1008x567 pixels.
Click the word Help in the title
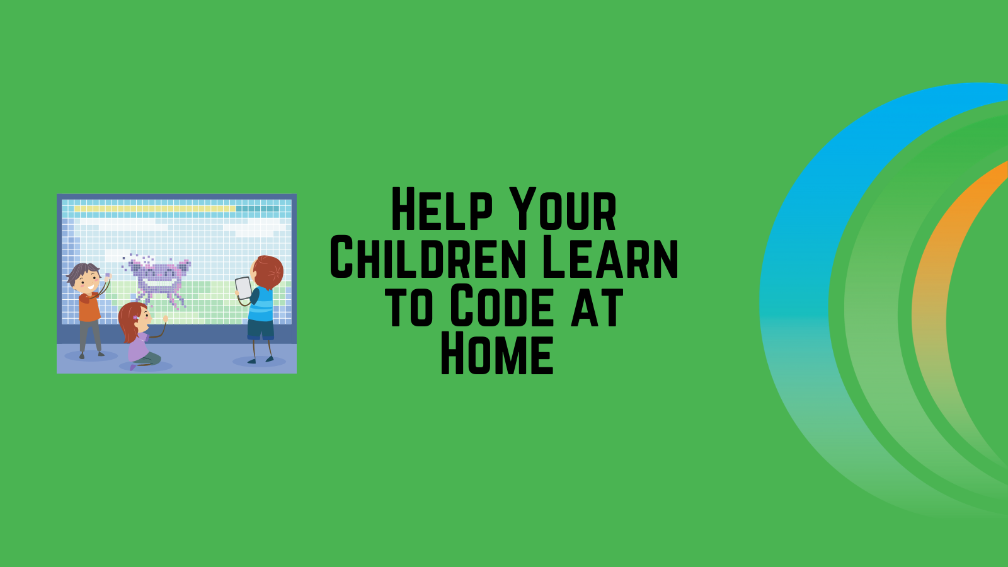(x=441, y=210)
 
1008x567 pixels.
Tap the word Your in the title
(x=563, y=210)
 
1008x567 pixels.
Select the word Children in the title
(x=428, y=258)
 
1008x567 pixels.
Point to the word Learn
(x=609, y=258)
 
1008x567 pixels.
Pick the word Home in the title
(x=497, y=354)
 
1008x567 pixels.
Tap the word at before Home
(x=597, y=306)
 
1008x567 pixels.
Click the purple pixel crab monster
(x=159, y=278)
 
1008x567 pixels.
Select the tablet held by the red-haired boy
(x=243, y=288)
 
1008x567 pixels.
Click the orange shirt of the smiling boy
(x=89, y=307)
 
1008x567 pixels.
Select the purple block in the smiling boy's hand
(x=108, y=275)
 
